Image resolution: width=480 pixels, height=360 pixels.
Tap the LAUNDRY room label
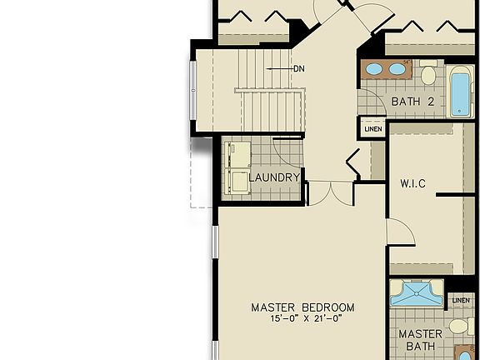coord(274,177)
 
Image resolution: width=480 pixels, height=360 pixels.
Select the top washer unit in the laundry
coord(237,154)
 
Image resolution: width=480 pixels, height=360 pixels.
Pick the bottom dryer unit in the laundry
coord(237,182)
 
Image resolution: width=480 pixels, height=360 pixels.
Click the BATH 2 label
coord(413,102)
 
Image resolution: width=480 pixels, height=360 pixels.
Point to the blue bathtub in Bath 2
coord(461,93)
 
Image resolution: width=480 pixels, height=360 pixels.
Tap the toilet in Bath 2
coord(428,75)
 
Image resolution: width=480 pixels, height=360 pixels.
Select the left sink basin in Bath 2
coord(376,69)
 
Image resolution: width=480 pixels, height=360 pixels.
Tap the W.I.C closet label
coord(413,183)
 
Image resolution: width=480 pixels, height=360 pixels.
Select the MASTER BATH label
coord(419,340)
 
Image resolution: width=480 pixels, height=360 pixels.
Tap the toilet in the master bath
coord(457,325)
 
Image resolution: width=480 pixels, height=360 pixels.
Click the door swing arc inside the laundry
coord(287,150)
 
